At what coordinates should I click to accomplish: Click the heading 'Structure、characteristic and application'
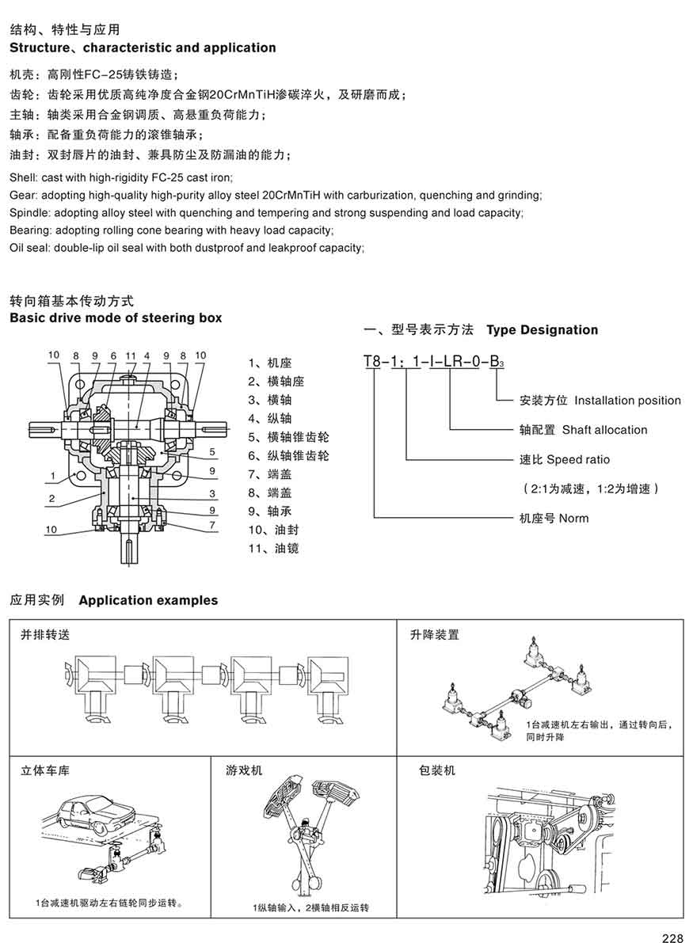coord(143,48)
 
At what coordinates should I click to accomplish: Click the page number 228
coord(672,938)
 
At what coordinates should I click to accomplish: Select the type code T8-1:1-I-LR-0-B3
coord(433,362)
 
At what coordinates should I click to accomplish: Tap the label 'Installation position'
coord(627,401)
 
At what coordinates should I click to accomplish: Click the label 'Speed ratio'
coord(578,459)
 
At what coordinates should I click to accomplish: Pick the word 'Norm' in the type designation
coord(574,519)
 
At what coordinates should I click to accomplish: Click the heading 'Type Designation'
coord(542,329)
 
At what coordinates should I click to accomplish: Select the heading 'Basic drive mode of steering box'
coord(116,318)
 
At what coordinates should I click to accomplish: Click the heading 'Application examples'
coord(148,600)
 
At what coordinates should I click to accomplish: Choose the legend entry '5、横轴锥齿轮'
coord(287,437)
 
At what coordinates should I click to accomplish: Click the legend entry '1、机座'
coord(270,363)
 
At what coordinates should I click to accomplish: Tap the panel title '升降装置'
coord(434,634)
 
